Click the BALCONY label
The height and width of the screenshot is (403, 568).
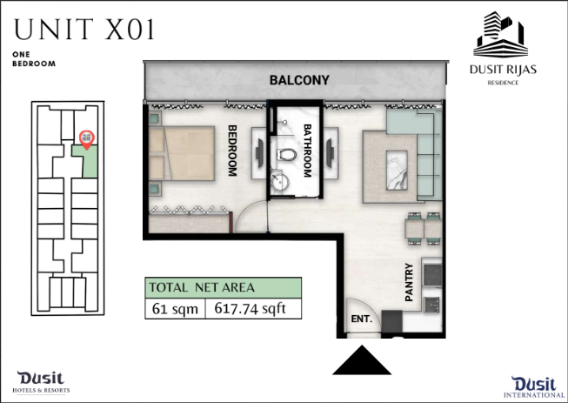(x=299, y=80)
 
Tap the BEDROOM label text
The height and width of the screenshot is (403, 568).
(x=232, y=151)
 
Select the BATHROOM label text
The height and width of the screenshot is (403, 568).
(x=307, y=151)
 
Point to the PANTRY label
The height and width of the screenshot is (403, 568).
(x=409, y=282)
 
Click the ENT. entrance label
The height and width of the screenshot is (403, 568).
(x=362, y=319)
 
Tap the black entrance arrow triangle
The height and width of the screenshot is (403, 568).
(x=362, y=359)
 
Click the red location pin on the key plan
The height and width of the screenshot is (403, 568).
(x=87, y=139)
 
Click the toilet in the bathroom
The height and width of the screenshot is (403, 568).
(x=286, y=155)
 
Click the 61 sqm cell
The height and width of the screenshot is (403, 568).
(x=176, y=309)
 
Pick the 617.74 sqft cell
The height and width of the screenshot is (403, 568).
(x=253, y=309)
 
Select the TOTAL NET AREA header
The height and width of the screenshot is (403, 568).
(x=224, y=288)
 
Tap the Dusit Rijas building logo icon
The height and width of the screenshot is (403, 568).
(x=500, y=35)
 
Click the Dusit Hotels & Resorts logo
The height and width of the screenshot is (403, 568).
(x=41, y=382)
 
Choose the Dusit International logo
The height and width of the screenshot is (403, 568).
(x=534, y=387)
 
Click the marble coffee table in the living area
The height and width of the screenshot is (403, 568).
(x=397, y=170)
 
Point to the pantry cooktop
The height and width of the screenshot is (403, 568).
(x=432, y=275)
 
